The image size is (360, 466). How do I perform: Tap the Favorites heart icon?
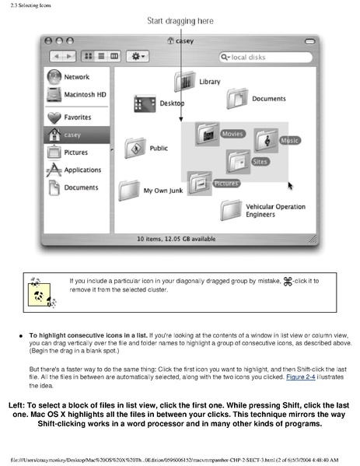(55, 117)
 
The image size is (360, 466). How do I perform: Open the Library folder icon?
(185, 80)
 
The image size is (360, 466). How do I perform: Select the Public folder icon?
(135, 148)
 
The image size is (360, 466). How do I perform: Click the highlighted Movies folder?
(208, 135)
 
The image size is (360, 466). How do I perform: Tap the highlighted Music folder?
(265, 142)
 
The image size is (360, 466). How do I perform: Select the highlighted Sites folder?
(237, 161)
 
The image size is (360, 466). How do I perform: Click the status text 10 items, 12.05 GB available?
(180, 239)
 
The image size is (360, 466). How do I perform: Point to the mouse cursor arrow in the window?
(291, 185)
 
